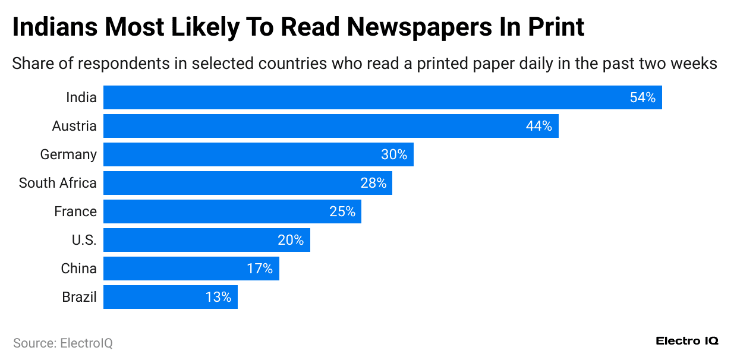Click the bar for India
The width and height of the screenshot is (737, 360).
pos(382,97)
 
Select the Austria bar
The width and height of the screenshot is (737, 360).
pos(330,126)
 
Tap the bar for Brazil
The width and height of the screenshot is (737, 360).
pos(170,297)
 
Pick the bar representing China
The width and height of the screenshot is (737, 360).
pos(191,269)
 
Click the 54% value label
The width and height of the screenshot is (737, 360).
pos(642,97)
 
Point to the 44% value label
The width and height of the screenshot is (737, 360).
pos(538,126)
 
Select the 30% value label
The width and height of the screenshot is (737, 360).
pos(393,154)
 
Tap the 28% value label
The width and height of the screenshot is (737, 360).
pos(373,183)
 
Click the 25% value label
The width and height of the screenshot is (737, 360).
pos(342,211)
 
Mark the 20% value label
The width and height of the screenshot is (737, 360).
pos(291,240)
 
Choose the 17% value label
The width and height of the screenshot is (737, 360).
pos(260,269)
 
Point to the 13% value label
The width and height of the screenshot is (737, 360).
pos(218,297)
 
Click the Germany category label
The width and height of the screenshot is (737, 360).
pos(68,154)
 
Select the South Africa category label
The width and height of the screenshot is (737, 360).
pos(58,183)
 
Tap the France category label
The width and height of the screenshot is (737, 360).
pos(75,211)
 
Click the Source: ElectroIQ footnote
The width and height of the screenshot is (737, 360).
pos(62,343)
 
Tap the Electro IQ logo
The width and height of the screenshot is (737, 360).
pos(687,341)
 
